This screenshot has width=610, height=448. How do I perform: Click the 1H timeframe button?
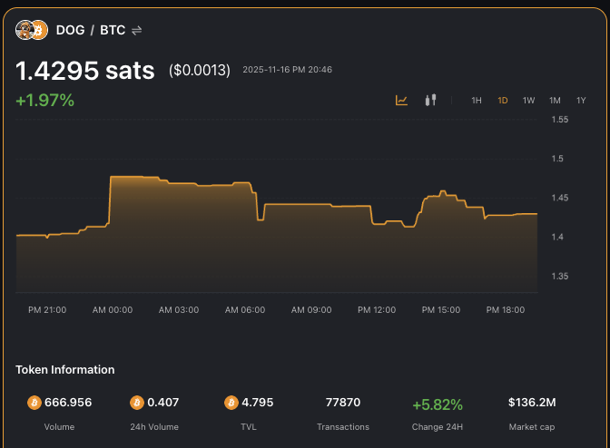coord(477,101)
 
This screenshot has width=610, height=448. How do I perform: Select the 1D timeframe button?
coord(503,101)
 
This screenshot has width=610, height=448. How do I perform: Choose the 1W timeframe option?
coord(528,101)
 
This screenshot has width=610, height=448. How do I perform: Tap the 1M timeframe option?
coord(555,101)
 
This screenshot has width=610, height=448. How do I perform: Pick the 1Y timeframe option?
coord(581,101)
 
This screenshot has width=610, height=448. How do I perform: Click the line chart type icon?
coord(402,100)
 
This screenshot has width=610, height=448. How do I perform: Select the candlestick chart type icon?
coord(431,100)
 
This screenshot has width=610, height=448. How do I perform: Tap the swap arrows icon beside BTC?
coord(137,30)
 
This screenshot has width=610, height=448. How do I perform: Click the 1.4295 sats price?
coord(85,71)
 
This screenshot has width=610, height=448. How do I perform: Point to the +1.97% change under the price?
coord(44,101)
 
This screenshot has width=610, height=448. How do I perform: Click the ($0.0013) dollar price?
coord(200,71)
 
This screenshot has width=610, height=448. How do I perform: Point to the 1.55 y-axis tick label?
coord(560,120)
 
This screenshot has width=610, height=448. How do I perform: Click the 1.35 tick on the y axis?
coord(560,276)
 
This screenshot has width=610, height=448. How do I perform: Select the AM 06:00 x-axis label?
coord(245,310)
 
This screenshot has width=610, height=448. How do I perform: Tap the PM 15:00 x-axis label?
coord(441,310)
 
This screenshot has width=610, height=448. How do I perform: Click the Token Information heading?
coord(65,370)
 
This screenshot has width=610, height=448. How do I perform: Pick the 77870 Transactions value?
coord(343,403)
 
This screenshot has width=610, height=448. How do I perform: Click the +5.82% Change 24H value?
coord(438,404)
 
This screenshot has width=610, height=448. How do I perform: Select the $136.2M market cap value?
coord(532,403)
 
